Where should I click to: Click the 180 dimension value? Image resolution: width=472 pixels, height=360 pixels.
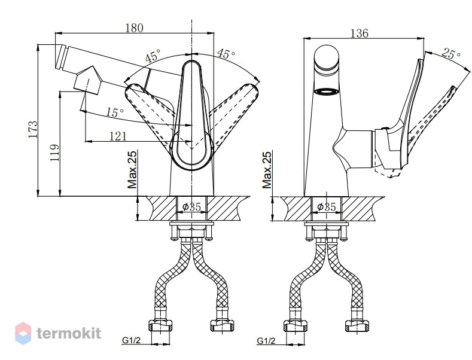(x=134, y=28)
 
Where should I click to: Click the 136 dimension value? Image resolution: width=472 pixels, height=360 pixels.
(x=360, y=33)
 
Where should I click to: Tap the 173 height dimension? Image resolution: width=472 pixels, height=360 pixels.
(x=33, y=129)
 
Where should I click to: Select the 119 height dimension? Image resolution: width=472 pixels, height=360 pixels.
(x=54, y=152)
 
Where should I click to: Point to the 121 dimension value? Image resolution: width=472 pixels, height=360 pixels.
(x=118, y=136)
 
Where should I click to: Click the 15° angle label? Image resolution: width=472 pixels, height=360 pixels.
(x=115, y=112)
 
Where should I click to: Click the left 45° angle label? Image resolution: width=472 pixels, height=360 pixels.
(x=153, y=56)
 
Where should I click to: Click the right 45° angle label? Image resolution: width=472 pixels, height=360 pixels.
(x=226, y=54)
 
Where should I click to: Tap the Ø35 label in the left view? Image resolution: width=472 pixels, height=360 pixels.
(x=191, y=207)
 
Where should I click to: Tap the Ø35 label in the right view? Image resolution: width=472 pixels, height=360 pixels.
(x=327, y=207)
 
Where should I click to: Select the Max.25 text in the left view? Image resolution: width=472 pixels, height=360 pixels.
(x=132, y=169)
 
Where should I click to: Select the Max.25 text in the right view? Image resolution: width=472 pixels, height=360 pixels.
(x=267, y=169)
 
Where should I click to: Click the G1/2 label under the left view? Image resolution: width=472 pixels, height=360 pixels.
(x=131, y=340)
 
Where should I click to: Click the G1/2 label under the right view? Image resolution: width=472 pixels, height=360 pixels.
(x=266, y=341)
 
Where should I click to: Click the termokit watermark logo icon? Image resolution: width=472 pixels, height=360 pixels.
(x=23, y=333)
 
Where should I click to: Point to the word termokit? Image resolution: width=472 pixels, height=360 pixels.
(x=69, y=333)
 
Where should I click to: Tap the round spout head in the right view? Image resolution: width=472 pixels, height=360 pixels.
(x=326, y=58)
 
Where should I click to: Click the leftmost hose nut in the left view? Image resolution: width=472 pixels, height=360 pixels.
(x=160, y=325)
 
